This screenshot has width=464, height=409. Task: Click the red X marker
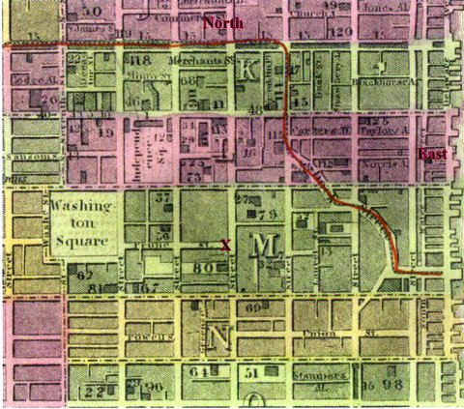(225, 245)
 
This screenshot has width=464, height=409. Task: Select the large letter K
(248, 69)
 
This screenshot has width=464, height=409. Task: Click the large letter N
(218, 337)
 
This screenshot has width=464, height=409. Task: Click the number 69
(254, 307)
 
